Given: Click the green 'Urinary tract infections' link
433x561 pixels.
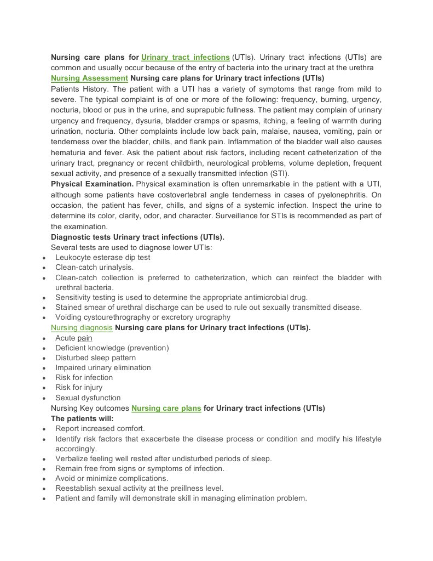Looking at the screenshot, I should pos(185,57).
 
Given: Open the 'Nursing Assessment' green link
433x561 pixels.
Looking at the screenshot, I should pos(89,78).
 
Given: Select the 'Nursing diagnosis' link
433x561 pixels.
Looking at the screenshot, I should pos(82,328).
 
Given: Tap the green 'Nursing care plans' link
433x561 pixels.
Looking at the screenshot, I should pos(166,408).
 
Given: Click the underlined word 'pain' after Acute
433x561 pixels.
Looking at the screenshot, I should pos(85,338).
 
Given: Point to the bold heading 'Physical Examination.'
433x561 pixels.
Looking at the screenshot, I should pos(92,184).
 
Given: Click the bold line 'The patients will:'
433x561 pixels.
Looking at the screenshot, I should pos(82,418).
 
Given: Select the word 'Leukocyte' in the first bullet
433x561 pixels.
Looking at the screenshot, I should pos(73,257).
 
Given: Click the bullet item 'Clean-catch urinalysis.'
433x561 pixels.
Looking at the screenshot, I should pos(94,267).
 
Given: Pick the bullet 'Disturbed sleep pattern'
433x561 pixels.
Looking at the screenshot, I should pos(95,358).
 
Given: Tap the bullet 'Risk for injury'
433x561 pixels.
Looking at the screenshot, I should pos(78,387).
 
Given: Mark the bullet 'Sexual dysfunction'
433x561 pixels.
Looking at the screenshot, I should pos(88,398).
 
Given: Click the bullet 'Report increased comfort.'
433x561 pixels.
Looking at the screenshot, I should pos(100,428).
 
